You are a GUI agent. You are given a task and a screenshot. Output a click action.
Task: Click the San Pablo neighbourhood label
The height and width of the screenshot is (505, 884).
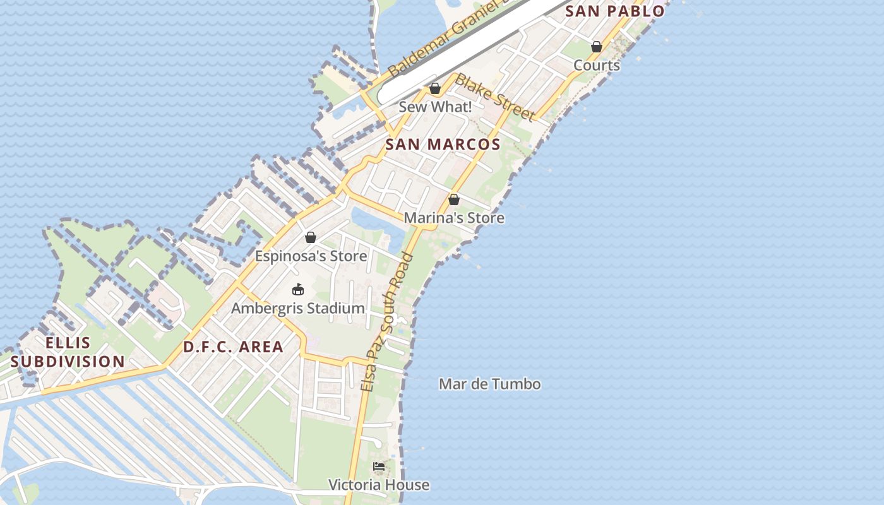[614, 11]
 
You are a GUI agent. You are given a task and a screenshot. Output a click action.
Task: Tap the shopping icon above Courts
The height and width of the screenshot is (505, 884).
[597, 47]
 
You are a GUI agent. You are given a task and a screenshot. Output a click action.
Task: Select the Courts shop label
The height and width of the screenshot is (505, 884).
[597, 65]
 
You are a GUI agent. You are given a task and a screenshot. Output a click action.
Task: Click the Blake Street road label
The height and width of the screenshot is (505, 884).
[495, 97]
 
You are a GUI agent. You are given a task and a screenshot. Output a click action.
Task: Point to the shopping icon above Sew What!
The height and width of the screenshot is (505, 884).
[435, 88]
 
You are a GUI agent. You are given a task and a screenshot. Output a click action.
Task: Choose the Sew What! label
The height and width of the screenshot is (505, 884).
[435, 107]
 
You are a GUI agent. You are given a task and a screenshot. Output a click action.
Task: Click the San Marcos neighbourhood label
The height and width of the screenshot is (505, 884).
[443, 145]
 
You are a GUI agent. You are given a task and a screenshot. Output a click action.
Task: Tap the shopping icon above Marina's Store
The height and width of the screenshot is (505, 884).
[454, 199]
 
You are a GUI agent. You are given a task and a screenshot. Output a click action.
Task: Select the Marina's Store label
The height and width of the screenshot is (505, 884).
[454, 218]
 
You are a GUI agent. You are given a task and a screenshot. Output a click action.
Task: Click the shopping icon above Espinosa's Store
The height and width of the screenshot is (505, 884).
[311, 237]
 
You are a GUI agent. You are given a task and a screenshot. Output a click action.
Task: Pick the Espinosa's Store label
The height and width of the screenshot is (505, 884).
[311, 256]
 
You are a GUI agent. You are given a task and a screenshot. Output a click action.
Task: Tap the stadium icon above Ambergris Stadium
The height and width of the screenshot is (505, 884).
[298, 290]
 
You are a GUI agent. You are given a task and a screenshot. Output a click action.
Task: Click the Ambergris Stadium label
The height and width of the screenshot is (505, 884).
[298, 308]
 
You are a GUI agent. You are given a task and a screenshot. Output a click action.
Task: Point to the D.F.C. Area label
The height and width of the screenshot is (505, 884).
[233, 347]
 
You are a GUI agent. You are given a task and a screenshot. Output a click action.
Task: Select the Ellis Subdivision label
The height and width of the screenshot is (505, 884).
[68, 352]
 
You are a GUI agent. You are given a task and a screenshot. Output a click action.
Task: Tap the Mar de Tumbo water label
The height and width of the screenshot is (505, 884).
[489, 384]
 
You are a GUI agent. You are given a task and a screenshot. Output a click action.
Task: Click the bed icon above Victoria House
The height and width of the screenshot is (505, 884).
[379, 466]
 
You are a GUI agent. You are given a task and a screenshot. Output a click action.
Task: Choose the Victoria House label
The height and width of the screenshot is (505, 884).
[379, 485]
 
